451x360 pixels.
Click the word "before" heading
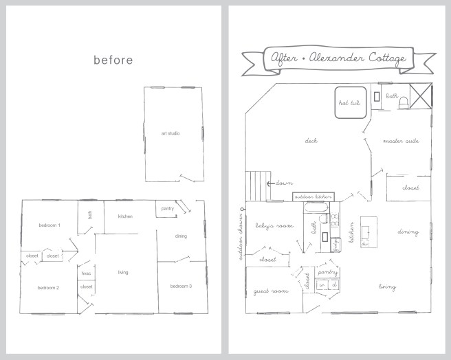pyautogui.click(x=113, y=60)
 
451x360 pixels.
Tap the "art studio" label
pyautogui.click(x=170, y=133)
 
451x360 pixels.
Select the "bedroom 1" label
pyautogui.click(x=49, y=225)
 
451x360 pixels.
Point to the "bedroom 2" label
pyautogui.click(x=48, y=288)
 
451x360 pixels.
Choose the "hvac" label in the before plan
pyautogui.click(x=86, y=273)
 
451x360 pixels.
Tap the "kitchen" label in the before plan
pyautogui.click(x=125, y=217)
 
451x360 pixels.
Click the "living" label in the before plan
pyautogui.click(x=124, y=273)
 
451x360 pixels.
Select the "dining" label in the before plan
pyautogui.click(x=181, y=236)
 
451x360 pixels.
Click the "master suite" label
pyautogui.click(x=402, y=142)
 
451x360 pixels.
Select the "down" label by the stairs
pyautogui.click(x=285, y=184)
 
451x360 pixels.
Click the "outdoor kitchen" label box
pyautogui.click(x=313, y=197)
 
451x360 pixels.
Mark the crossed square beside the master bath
pyautogui.click(x=419, y=96)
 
